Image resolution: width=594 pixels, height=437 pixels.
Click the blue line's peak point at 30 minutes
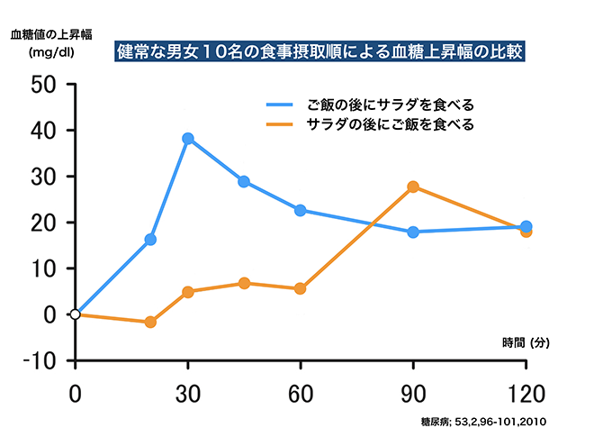coord(188,139)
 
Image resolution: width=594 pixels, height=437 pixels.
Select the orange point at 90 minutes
coord(413,187)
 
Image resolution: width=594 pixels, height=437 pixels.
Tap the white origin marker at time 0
coord(76,314)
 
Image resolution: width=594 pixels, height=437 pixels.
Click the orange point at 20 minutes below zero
coord(150,322)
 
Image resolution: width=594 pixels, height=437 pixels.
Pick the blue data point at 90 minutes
coord(413,232)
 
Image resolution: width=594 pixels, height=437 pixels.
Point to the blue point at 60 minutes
coord(301,210)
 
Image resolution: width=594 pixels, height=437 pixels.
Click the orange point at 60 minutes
coord(301,288)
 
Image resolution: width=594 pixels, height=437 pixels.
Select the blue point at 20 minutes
coord(150,240)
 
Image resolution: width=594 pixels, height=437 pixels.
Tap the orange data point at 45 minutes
coord(244,283)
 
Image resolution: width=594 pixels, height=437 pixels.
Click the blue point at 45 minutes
coord(244,181)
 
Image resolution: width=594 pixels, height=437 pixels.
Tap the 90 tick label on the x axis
coord(413,393)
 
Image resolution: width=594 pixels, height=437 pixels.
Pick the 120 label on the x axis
coord(525,393)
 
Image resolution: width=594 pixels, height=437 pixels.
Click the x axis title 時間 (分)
coord(526,342)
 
